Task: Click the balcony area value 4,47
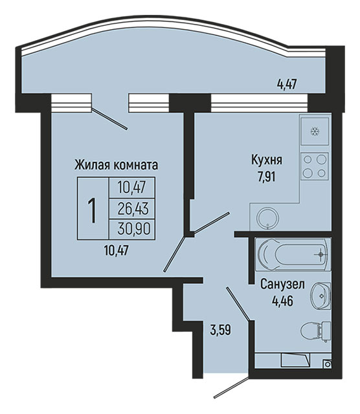click(x=287, y=85)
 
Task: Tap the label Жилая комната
click(x=117, y=166)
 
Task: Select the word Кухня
click(x=267, y=160)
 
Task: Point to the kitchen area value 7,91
click(x=267, y=177)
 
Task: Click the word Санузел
click(x=282, y=285)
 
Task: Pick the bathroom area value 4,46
click(x=282, y=300)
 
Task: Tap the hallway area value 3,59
click(x=220, y=330)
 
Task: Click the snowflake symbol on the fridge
click(x=314, y=131)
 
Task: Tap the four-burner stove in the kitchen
click(x=315, y=166)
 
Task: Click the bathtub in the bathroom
click(x=293, y=255)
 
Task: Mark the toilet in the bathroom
click(x=316, y=332)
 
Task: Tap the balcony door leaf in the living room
click(x=109, y=118)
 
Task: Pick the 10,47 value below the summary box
click(x=117, y=251)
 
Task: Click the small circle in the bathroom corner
click(x=328, y=364)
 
